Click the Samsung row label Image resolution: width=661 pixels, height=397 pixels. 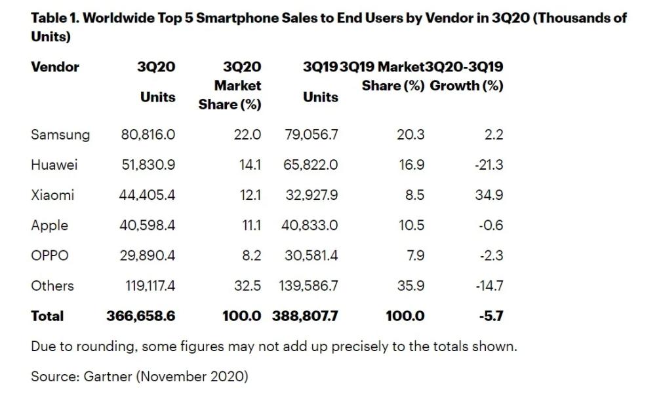60,135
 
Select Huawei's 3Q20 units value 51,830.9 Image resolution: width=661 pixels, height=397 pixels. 148,165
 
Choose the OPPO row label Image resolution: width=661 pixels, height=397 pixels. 49,255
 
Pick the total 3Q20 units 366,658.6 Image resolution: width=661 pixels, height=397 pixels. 141,316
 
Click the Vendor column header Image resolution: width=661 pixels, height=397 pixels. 55,67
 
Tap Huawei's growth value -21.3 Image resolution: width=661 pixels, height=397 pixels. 489,165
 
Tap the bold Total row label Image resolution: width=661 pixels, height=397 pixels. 47,316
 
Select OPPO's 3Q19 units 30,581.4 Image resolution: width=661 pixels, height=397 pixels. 311,255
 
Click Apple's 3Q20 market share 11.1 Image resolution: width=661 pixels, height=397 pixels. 250,225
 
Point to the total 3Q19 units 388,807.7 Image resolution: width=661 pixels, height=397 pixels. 306,316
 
